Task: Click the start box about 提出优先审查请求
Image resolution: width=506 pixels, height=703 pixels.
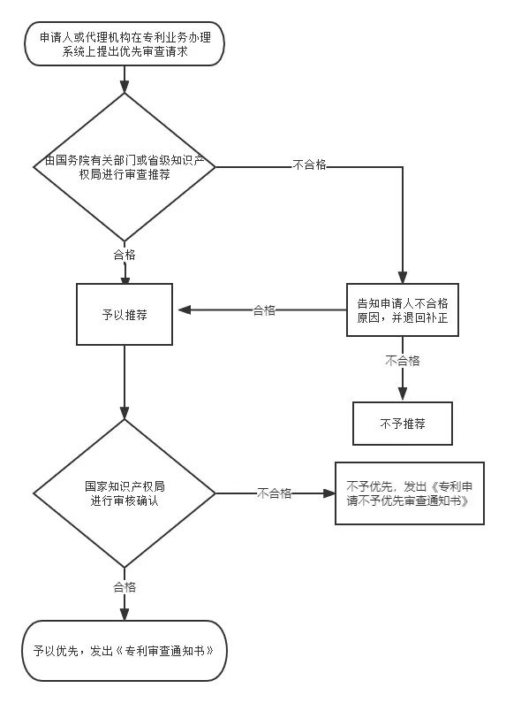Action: (124, 45)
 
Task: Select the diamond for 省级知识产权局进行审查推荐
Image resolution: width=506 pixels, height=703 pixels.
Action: (125, 167)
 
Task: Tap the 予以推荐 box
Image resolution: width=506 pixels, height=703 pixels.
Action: (125, 314)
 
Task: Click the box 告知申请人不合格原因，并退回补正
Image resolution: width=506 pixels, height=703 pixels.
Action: (402, 309)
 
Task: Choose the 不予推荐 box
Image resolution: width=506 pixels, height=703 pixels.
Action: (403, 424)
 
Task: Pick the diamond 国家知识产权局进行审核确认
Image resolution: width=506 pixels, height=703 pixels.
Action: (125, 493)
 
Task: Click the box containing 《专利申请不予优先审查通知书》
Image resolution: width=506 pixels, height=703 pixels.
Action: (409, 493)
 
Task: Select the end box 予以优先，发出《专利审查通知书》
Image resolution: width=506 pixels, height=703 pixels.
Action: (124, 650)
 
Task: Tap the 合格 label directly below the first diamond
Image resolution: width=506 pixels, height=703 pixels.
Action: (125, 255)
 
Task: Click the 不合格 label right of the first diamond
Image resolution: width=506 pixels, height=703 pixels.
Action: (309, 165)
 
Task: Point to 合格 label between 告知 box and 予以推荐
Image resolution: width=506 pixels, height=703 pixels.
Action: (264, 310)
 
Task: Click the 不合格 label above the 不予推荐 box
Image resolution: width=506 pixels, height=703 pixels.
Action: (403, 361)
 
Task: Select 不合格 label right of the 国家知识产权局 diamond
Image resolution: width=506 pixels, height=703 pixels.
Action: (275, 493)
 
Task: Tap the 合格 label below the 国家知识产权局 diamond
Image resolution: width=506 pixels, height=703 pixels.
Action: (125, 586)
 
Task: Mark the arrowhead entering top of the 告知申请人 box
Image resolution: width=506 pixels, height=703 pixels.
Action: (403, 277)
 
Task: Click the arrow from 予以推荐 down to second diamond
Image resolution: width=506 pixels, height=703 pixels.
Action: (125, 380)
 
